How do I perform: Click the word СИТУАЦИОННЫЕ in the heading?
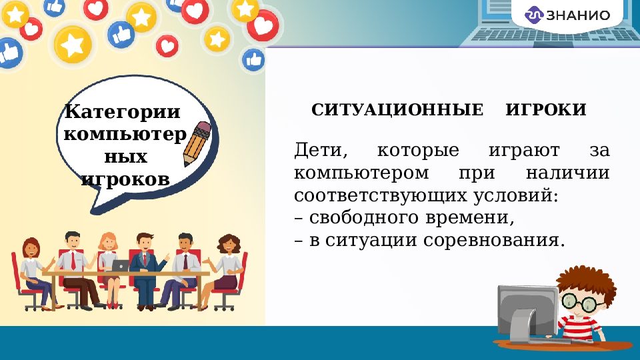[x=397, y=110]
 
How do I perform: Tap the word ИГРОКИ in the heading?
[x=546, y=110]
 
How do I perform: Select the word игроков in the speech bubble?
[x=125, y=179]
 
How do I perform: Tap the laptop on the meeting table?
[x=121, y=265]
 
